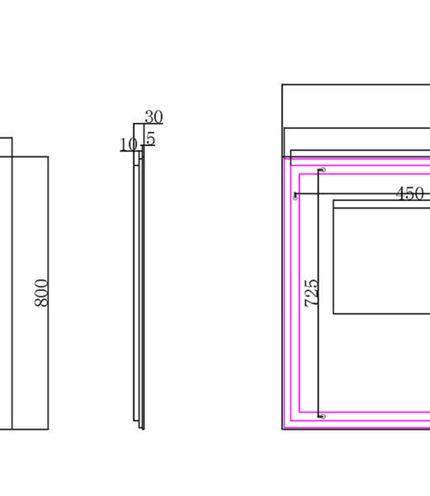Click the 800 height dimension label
tap(41, 292)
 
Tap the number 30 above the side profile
tap(153, 117)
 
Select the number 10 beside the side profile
tap(128, 144)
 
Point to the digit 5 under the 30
tap(151, 139)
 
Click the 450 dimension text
tap(409, 194)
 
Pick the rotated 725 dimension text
tap(311, 292)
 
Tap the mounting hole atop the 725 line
tap(322, 171)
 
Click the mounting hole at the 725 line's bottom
tap(322, 417)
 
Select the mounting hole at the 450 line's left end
tap(295, 196)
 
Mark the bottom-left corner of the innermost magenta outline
tap(301, 411)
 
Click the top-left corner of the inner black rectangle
tap(333, 200)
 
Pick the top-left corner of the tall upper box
tap(282, 85)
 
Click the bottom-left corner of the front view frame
tap(282, 429)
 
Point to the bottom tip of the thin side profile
tap(142, 429)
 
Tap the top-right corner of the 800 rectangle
tap(48, 157)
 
